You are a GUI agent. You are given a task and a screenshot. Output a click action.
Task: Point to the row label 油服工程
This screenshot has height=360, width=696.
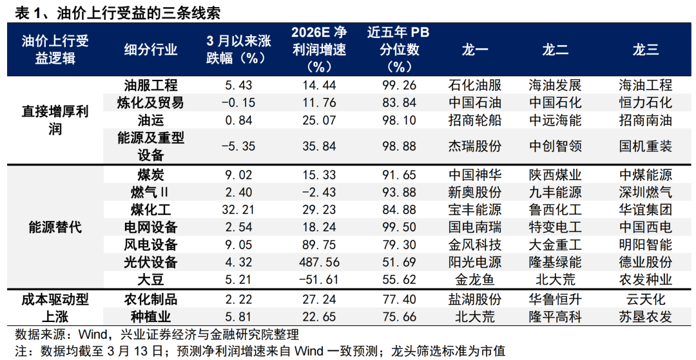point(151,85)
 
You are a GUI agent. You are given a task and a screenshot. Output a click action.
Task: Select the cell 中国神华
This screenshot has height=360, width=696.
point(474,175)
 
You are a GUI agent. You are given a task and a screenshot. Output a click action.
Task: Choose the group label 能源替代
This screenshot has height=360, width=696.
point(55,227)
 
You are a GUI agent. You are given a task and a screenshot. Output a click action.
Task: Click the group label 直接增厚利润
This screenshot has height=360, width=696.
point(55,120)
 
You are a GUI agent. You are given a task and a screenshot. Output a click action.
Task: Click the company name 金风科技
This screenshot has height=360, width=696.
point(474,245)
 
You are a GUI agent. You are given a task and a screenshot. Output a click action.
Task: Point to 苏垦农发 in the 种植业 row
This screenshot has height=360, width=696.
point(645,317)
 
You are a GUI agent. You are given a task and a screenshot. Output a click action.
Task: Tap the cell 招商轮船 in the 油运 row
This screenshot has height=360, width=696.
point(474,120)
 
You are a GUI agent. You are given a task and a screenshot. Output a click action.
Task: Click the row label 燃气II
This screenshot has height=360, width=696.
point(151,193)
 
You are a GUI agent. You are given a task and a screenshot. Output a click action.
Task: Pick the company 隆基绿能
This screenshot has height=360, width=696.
point(555,263)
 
